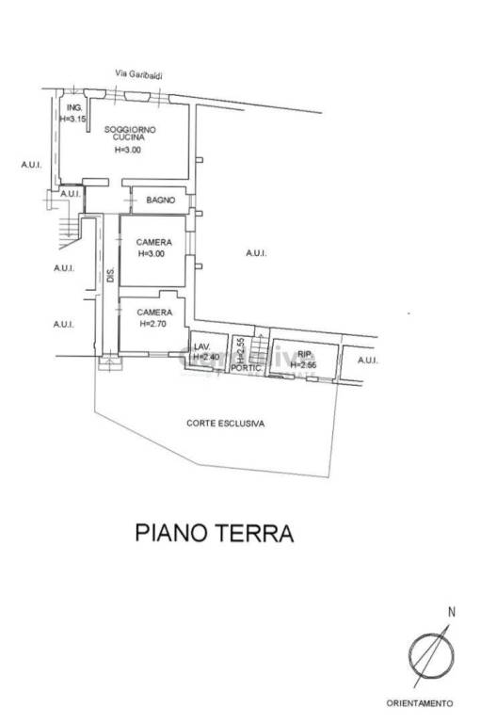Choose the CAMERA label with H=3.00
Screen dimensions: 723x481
(x=152, y=243)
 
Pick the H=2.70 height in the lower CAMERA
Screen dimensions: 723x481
(x=153, y=324)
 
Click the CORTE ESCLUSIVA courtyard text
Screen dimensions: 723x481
(x=225, y=424)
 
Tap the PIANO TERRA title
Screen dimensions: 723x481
(x=215, y=534)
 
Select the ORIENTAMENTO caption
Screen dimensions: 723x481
(x=420, y=702)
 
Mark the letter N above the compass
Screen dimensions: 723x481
(x=451, y=612)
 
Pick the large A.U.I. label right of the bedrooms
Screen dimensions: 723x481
(x=256, y=253)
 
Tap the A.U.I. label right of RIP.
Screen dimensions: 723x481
(x=367, y=360)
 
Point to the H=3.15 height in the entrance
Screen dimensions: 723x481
(x=72, y=120)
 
